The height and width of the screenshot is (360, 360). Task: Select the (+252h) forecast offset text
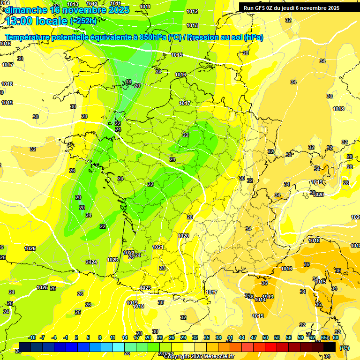coord(83,21)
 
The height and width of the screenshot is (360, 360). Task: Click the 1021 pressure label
coord(158,247)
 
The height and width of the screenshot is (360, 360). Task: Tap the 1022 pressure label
coord(129,253)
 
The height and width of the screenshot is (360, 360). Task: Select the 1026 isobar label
coord(30,248)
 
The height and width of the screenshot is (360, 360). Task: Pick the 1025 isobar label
coord(42,287)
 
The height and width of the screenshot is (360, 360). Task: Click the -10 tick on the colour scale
coord(32,337)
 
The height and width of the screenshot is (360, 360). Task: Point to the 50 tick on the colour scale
coord(265,337)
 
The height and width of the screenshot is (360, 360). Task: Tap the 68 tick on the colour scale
coord(336,337)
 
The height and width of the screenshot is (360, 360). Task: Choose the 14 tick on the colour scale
coord(125,337)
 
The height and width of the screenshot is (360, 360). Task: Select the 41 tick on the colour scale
coord(230,337)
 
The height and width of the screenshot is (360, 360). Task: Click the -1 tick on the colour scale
coord(66,337)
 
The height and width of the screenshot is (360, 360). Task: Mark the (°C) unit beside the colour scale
coord(344,348)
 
